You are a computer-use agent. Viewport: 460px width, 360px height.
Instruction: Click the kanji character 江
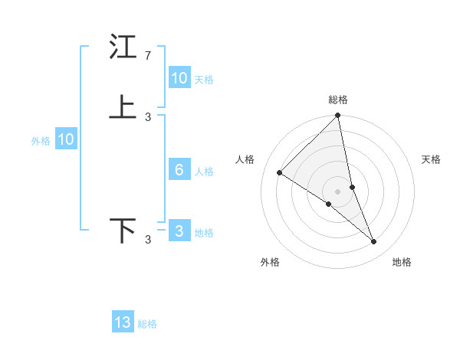click(x=123, y=48)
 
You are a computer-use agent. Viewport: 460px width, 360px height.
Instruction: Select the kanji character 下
click(x=123, y=231)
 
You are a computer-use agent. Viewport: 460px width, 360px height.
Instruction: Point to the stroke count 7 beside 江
click(x=148, y=56)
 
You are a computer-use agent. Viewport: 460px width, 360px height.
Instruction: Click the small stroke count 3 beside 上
click(x=148, y=116)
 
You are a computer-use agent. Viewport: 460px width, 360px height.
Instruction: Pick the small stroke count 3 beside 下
click(x=148, y=240)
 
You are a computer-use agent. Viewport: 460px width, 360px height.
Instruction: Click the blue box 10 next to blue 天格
click(x=179, y=78)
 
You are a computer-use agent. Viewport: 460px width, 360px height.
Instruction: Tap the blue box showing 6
click(x=179, y=170)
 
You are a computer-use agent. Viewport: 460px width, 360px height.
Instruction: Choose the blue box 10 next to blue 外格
click(x=66, y=139)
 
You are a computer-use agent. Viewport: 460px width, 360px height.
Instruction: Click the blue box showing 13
click(x=123, y=322)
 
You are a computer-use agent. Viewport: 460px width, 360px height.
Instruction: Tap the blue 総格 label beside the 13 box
click(x=147, y=324)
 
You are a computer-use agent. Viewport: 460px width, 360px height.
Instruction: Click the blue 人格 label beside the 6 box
click(x=204, y=172)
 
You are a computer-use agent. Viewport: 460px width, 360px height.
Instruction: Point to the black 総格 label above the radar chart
click(x=338, y=100)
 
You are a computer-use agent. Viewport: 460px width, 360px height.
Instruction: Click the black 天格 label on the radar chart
click(x=432, y=159)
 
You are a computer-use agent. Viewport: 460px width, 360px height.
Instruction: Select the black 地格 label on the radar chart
click(x=402, y=262)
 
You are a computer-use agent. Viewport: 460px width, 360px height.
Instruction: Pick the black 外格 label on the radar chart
click(x=270, y=262)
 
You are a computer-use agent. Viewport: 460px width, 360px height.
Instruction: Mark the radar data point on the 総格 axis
click(x=338, y=116)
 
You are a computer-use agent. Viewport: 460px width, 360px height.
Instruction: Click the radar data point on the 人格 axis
click(x=280, y=172)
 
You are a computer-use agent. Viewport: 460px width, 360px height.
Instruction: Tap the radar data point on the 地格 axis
click(x=374, y=242)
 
